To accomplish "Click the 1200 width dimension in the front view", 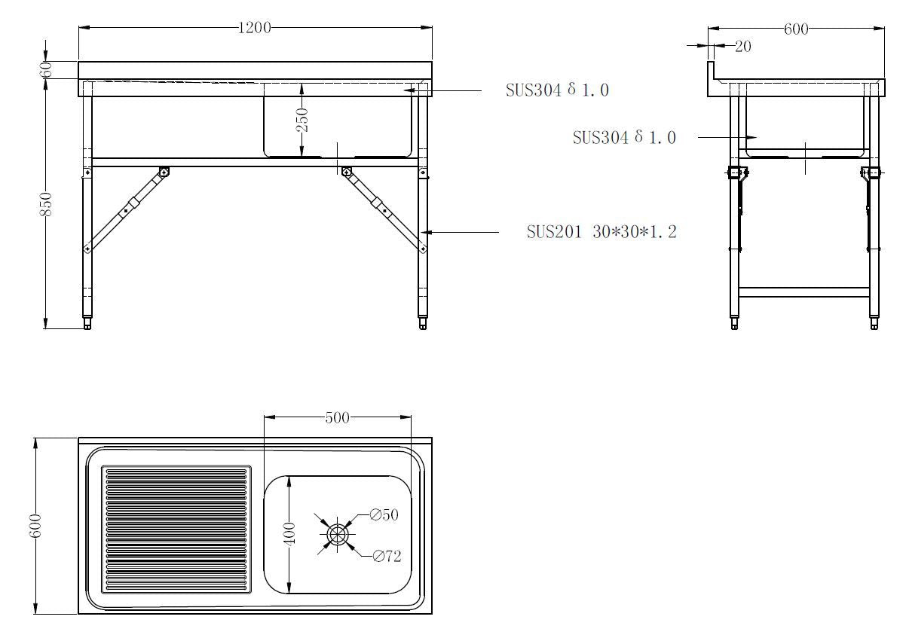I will point(254,28).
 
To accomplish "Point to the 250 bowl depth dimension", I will point(301,120).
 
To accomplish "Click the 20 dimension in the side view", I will point(742,47).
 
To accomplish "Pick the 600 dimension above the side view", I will point(796,29).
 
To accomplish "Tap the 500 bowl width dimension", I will point(337,417).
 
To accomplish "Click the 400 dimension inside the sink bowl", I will point(290,533).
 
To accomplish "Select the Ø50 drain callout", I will point(384,515).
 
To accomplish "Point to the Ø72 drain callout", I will point(387,557).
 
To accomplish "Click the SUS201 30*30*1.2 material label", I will point(601,232).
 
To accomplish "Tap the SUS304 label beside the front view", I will point(556,90).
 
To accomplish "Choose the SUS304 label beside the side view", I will point(623,138).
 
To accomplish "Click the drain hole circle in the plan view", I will point(337,534).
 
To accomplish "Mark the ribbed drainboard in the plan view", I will point(176,529).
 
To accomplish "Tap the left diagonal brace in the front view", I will point(126,209).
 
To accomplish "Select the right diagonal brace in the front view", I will point(384,209).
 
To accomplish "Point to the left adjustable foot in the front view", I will point(88,323).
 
